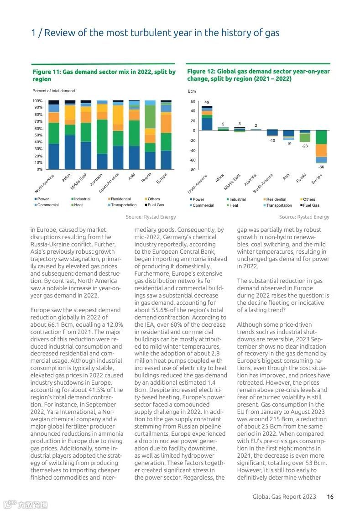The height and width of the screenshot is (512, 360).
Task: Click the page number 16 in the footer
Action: pyautogui.click(x=330, y=497)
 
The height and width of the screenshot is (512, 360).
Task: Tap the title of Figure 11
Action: pyautogui.click(x=104, y=75)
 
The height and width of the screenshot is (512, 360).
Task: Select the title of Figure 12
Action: pyautogui.click(x=258, y=75)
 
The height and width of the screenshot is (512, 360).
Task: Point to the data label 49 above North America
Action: pyautogui.click(x=207, y=102)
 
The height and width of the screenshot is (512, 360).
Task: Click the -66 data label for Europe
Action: pyautogui.click(x=321, y=167)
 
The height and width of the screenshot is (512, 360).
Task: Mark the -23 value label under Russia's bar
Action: pyautogui.click(x=305, y=146)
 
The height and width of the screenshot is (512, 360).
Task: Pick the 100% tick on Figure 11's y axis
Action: pyautogui.click(x=37, y=101)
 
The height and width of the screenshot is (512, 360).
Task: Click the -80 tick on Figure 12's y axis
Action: pyautogui.click(x=193, y=170)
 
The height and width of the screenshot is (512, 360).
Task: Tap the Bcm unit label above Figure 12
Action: pyautogui.click(x=192, y=92)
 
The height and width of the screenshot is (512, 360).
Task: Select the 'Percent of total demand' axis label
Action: pyautogui.click(x=53, y=91)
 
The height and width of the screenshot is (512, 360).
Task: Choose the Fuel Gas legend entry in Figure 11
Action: pyautogui.click(x=155, y=205)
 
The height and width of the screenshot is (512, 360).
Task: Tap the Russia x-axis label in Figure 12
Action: pyautogui.click(x=301, y=178)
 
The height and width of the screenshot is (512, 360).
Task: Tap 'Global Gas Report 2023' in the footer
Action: pyautogui.click(x=284, y=497)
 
